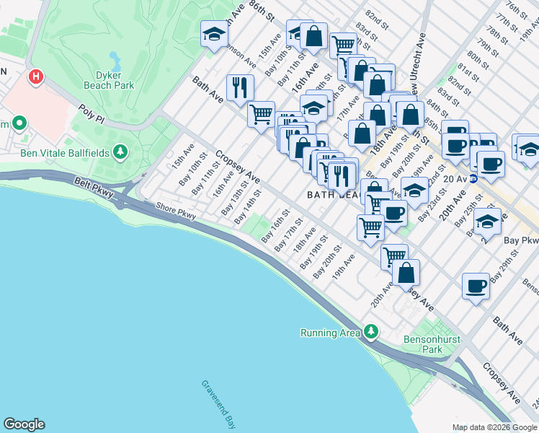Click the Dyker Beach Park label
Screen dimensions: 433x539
tap(114, 79)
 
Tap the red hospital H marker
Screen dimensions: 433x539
tap(35, 76)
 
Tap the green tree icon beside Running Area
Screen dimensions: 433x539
tap(370, 332)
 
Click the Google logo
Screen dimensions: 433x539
tap(24, 424)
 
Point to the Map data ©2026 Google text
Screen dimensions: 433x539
tap(494, 427)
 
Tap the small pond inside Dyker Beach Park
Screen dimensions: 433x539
tap(115, 58)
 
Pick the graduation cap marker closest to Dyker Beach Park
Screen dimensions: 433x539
tap(213, 35)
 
